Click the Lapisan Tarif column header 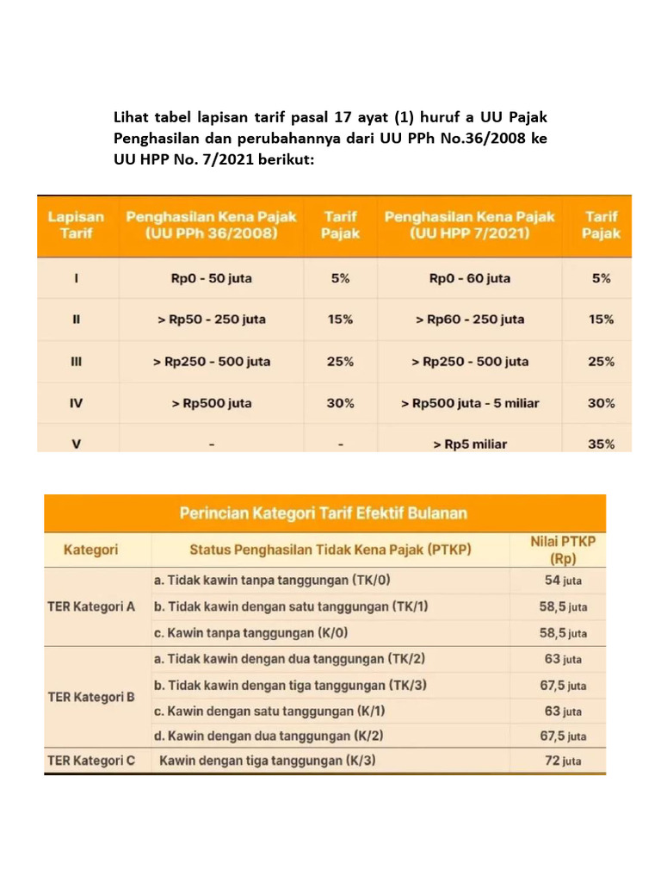point(76,225)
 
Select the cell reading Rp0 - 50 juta point(211,278)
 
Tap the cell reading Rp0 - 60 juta point(469,278)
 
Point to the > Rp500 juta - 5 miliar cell point(470,403)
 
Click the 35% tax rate point(602,444)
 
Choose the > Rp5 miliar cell point(469,444)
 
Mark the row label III point(76,362)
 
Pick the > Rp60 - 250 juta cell point(469,320)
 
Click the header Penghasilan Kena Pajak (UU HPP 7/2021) point(470,225)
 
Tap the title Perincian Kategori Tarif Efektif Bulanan point(323,513)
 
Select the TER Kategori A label point(90,606)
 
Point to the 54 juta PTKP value point(562,581)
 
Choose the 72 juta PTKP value point(562,761)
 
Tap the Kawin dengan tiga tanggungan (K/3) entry point(268,761)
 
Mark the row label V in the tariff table point(76,444)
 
